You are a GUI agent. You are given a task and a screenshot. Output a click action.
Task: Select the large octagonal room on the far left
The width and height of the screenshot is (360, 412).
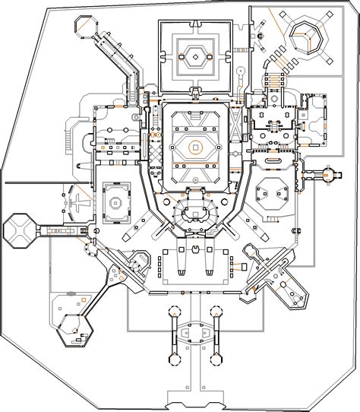click(20, 230)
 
